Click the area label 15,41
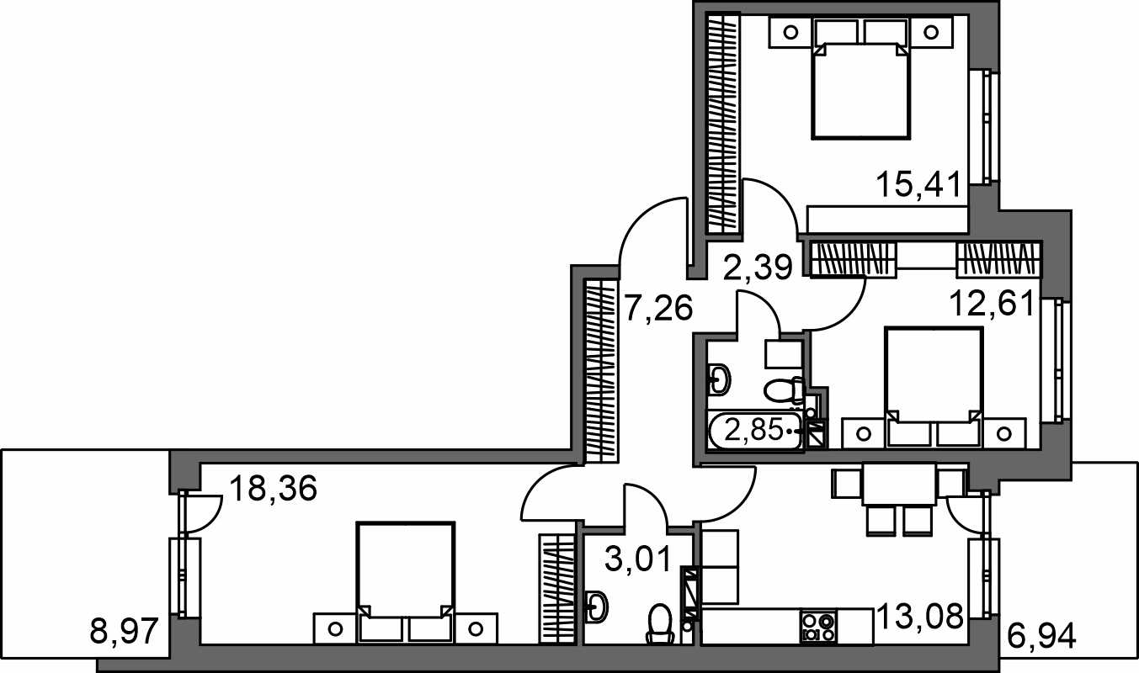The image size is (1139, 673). tap(918, 184)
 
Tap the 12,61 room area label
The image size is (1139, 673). tap(992, 303)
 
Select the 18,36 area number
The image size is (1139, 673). tap(274, 489)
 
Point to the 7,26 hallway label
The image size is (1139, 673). tap(658, 308)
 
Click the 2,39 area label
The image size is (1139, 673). tap(758, 267)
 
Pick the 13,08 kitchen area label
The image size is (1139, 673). tap(920, 616)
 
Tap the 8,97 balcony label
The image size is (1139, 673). tap(124, 631)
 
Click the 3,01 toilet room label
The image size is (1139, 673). tap(639, 559)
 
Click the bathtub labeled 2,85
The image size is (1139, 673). tap(757, 431)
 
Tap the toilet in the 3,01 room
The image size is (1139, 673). tap(661, 624)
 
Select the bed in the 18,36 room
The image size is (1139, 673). tap(405, 582)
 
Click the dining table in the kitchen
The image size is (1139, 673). tap(899, 484)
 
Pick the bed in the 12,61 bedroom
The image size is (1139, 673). tap(934, 387)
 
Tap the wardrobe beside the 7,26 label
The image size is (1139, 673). tap(601, 371)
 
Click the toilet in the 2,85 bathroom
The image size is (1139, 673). tap(784, 390)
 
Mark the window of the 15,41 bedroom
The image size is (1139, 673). tap(984, 126)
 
